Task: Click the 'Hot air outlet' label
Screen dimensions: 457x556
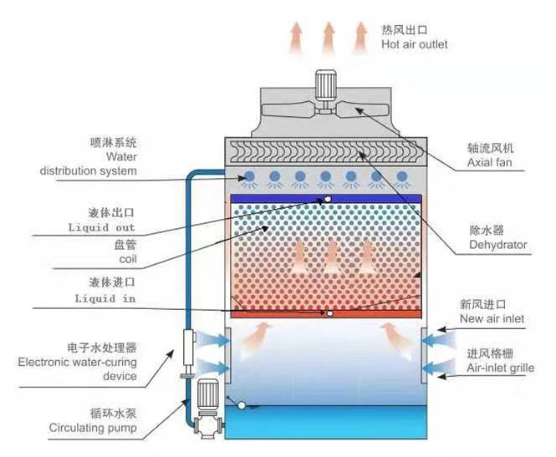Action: tap(414, 43)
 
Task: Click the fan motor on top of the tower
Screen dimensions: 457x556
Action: tap(324, 83)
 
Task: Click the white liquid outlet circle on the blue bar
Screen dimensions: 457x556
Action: tap(328, 199)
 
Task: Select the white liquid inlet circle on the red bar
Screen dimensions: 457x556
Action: tap(329, 314)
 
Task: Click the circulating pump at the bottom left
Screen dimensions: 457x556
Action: tap(206, 401)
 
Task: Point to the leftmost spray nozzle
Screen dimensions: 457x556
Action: tap(250, 176)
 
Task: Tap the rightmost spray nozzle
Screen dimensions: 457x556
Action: tap(401, 176)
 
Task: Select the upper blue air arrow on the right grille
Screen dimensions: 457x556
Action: tap(436, 339)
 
